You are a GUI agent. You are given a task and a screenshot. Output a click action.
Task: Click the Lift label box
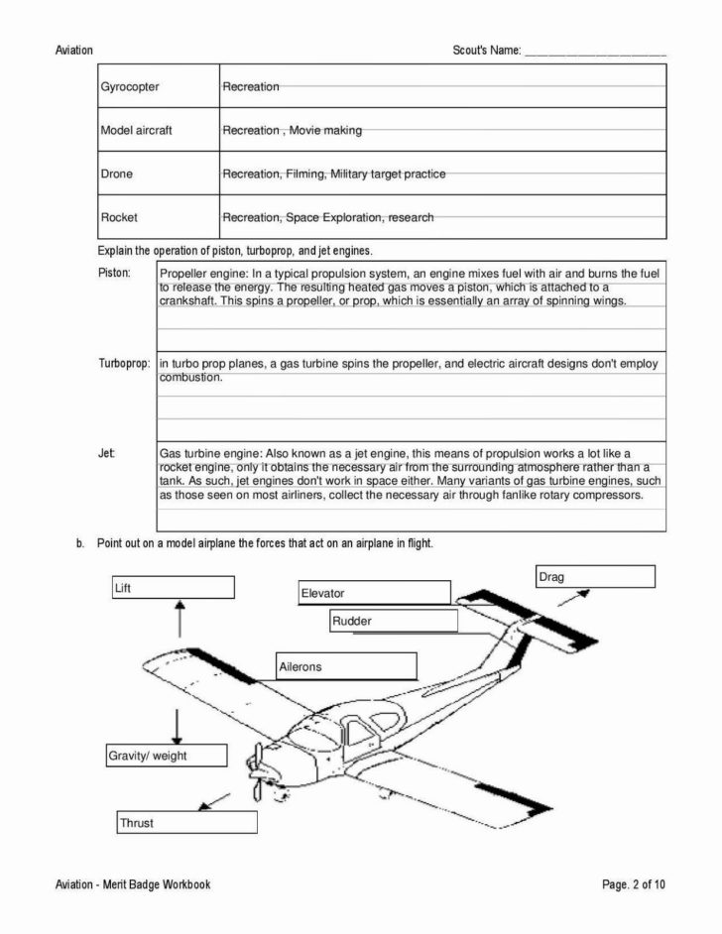(x=173, y=588)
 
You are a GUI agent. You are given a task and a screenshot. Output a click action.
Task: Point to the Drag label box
(x=594, y=576)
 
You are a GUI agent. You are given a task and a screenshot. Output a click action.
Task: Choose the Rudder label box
(x=393, y=621)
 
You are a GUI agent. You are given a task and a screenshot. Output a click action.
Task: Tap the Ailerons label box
(x=346, y=666)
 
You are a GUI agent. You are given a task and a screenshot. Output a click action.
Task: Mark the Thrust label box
(x=186, y=822)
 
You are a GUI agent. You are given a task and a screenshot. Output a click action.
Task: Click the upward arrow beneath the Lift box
(x=179, y=619)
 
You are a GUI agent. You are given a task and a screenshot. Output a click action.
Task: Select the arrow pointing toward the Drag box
(x=573, y=597)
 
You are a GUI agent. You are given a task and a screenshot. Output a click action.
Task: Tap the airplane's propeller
(x=258, y=770)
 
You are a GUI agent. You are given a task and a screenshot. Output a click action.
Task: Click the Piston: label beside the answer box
(x=113, y=273)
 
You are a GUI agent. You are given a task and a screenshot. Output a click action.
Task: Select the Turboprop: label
(x=123, y=364)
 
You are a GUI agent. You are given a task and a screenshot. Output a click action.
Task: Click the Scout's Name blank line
(x=594, y=52)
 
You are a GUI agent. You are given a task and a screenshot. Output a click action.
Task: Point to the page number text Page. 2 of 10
(x=633, y=884)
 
